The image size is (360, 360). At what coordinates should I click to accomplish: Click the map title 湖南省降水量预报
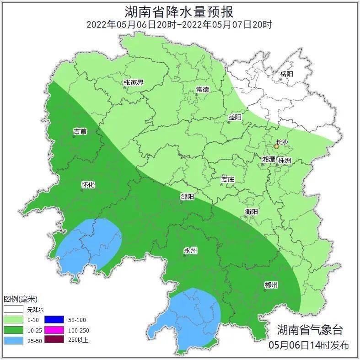[x=179, y=11]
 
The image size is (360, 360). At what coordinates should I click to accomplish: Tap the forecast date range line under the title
[x=179, y=24]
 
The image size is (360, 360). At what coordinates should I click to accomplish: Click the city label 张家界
[x=133, y=83]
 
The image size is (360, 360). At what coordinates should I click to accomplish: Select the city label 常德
[x=202, y=89]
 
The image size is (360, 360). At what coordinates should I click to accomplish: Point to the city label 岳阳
[x=286, y=74]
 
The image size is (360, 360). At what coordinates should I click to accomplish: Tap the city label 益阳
[x=235, y=118]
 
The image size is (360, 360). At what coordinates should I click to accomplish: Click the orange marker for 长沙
[x=276, y=147]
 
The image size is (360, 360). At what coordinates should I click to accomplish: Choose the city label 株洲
[x=285, y=160]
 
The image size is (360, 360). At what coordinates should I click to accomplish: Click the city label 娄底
[x=227, y=180]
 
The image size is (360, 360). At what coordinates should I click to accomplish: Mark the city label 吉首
[x=80, y=132]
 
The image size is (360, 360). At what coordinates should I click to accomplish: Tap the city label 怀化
[x=87, y=185]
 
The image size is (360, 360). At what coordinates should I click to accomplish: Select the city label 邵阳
[x=187, y=197]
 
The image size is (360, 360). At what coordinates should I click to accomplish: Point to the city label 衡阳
[x=251, y=212]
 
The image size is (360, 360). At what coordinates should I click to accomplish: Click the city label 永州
[x=190, y=251]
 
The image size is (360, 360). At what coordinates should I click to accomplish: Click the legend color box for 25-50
[x=13, y=340]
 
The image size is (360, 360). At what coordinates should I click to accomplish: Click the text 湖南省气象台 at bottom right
[x=309, y=330]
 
